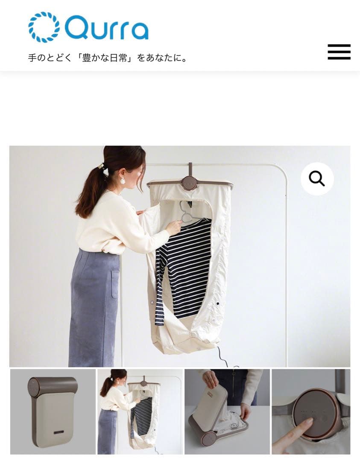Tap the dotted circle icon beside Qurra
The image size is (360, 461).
tap(44, 27)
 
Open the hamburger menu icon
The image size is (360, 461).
tap(339, 52)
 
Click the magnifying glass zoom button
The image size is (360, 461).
tap(317, 178)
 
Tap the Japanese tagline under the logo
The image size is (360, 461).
tap(108, 58)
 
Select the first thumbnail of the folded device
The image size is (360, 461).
tap(53, 411)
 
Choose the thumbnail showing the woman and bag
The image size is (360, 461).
tap(140, 411)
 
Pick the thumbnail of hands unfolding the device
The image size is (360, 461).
tap(227, 411)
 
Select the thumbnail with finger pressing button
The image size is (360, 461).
tap(311, 411)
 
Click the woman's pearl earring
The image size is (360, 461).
tap(123, 181)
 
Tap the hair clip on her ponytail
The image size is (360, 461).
tap(101, 166)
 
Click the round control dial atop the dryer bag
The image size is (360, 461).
tap(189, 183)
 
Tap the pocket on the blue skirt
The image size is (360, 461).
tap(115, 284)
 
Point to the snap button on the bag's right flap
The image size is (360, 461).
tap(217, 303)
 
